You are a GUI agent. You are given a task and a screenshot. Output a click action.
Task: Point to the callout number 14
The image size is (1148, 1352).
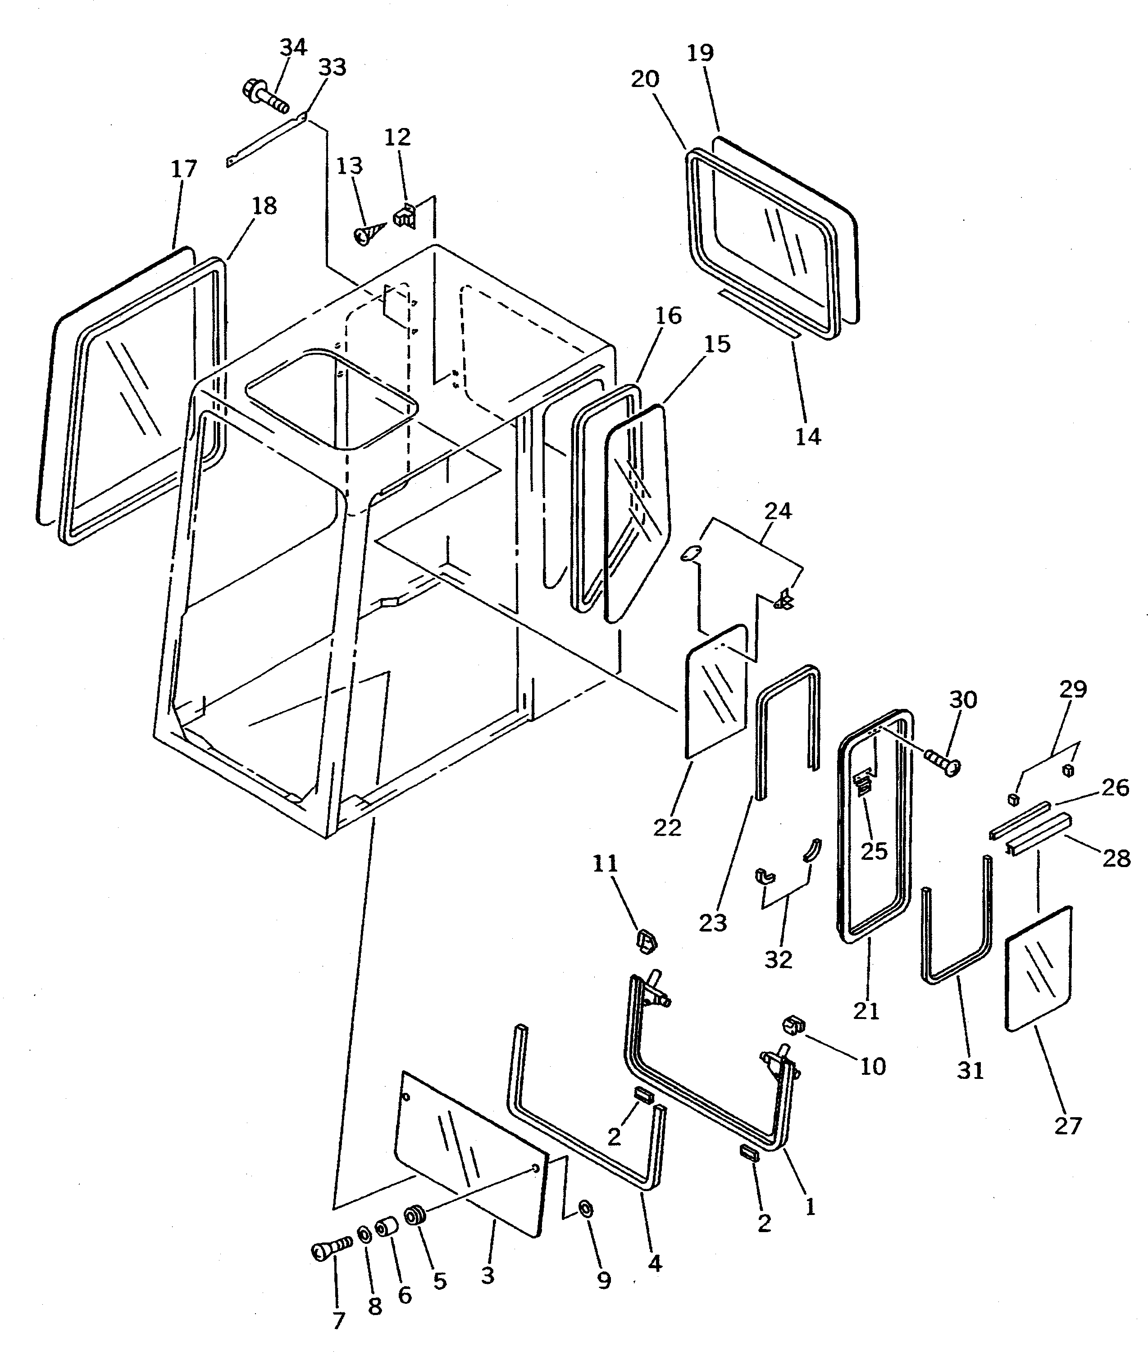(x=808, y=436)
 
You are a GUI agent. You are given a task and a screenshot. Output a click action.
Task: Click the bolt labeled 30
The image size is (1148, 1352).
(x=943, y=762)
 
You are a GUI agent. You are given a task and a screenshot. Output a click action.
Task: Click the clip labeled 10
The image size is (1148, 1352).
(x=793, y=1027)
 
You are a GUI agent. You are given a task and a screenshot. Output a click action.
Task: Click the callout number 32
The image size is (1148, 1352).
(x=779, y=959)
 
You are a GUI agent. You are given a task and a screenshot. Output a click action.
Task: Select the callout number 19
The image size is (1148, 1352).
(x=700, y=53)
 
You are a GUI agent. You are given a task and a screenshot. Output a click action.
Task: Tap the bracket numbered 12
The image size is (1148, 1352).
(x=405, y=215)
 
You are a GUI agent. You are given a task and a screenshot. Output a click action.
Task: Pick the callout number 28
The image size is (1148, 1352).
(x=1117, y=859)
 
